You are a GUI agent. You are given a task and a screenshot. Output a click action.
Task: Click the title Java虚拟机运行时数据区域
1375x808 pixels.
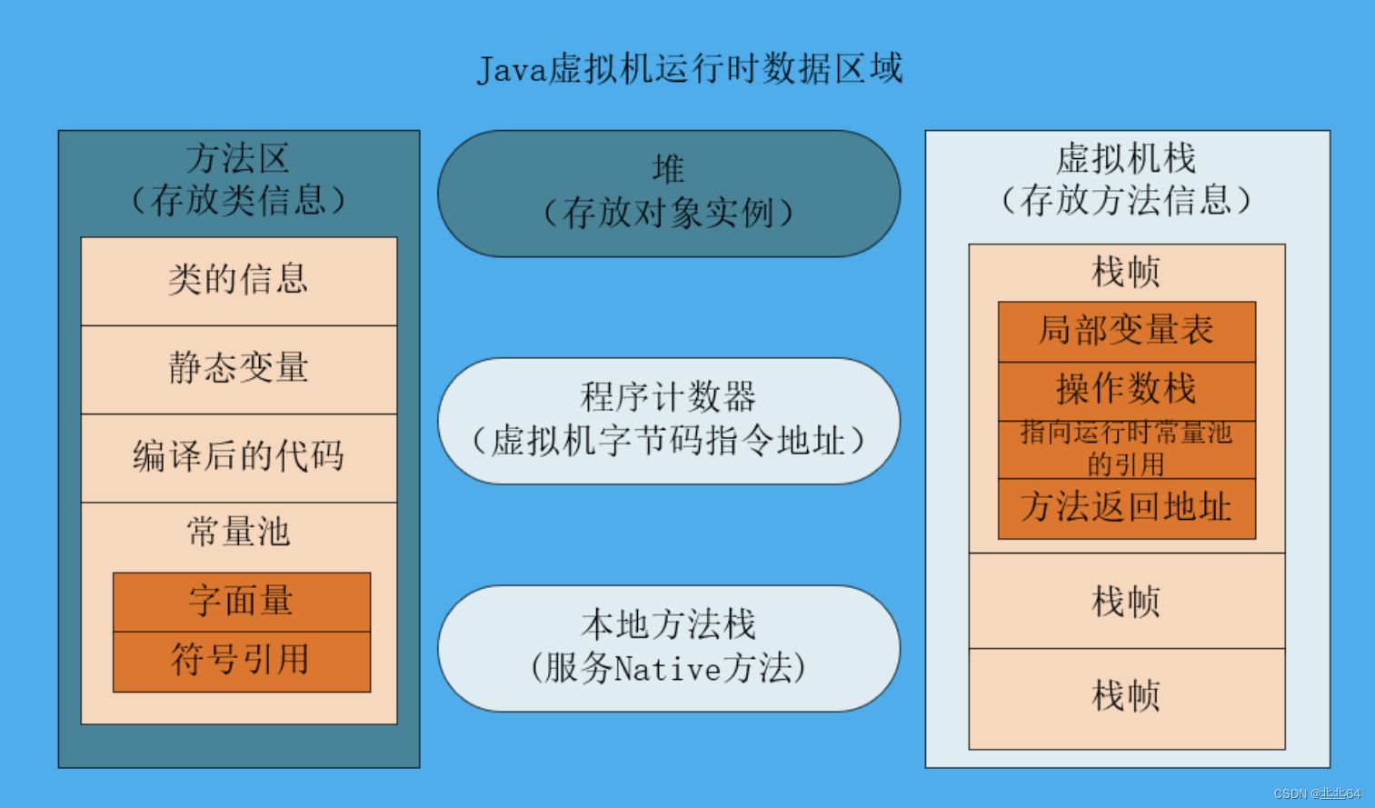pyautogui.click(x=690, y=69)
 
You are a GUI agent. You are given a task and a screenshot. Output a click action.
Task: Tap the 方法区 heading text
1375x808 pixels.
pyautogui.click(x=238, y=159)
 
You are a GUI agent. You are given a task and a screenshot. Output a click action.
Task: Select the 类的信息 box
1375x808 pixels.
pyautogui.click(x=239, y=280)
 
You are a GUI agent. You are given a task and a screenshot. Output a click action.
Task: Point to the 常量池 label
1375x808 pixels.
pyautogui.click(x=239, y=532)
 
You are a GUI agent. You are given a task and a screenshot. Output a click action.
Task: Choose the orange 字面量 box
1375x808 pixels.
pyautogui.click(x=242, y=602)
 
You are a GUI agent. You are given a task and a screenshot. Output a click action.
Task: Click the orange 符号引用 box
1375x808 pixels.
pyautogui.click(x=242, y=661)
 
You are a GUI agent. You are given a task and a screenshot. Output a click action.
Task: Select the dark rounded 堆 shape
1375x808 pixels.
pyautogui.click(x=669, y=193)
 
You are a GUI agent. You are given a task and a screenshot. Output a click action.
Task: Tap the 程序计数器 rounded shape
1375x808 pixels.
pyautogui.click(x=669, y=420)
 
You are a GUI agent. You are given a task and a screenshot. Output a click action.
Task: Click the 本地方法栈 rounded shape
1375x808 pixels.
pyautogui.click(x=669, y=647)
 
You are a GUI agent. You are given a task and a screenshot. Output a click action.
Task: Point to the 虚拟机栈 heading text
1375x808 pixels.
pyautogui.click(x=1126, y=159)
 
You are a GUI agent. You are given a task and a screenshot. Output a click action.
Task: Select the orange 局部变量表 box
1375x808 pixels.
pyautogui.click(x=1127, y=331)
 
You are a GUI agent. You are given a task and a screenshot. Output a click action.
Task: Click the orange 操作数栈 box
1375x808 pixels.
pyautogui.click(x=1127, y=390)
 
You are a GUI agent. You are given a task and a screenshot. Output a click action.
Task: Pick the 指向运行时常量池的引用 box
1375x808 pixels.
pyautogui.click(x=1127, y=449)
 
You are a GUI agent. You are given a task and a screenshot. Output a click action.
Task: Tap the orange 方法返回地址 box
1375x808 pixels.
pyautogui.click(x=1127, y=508)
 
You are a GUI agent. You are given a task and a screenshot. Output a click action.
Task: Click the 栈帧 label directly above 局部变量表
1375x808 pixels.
pyautogui.click(x=1127, y=272)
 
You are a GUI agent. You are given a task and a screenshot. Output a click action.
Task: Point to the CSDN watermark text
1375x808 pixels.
pyautogui.click(x=1317, y=793)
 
